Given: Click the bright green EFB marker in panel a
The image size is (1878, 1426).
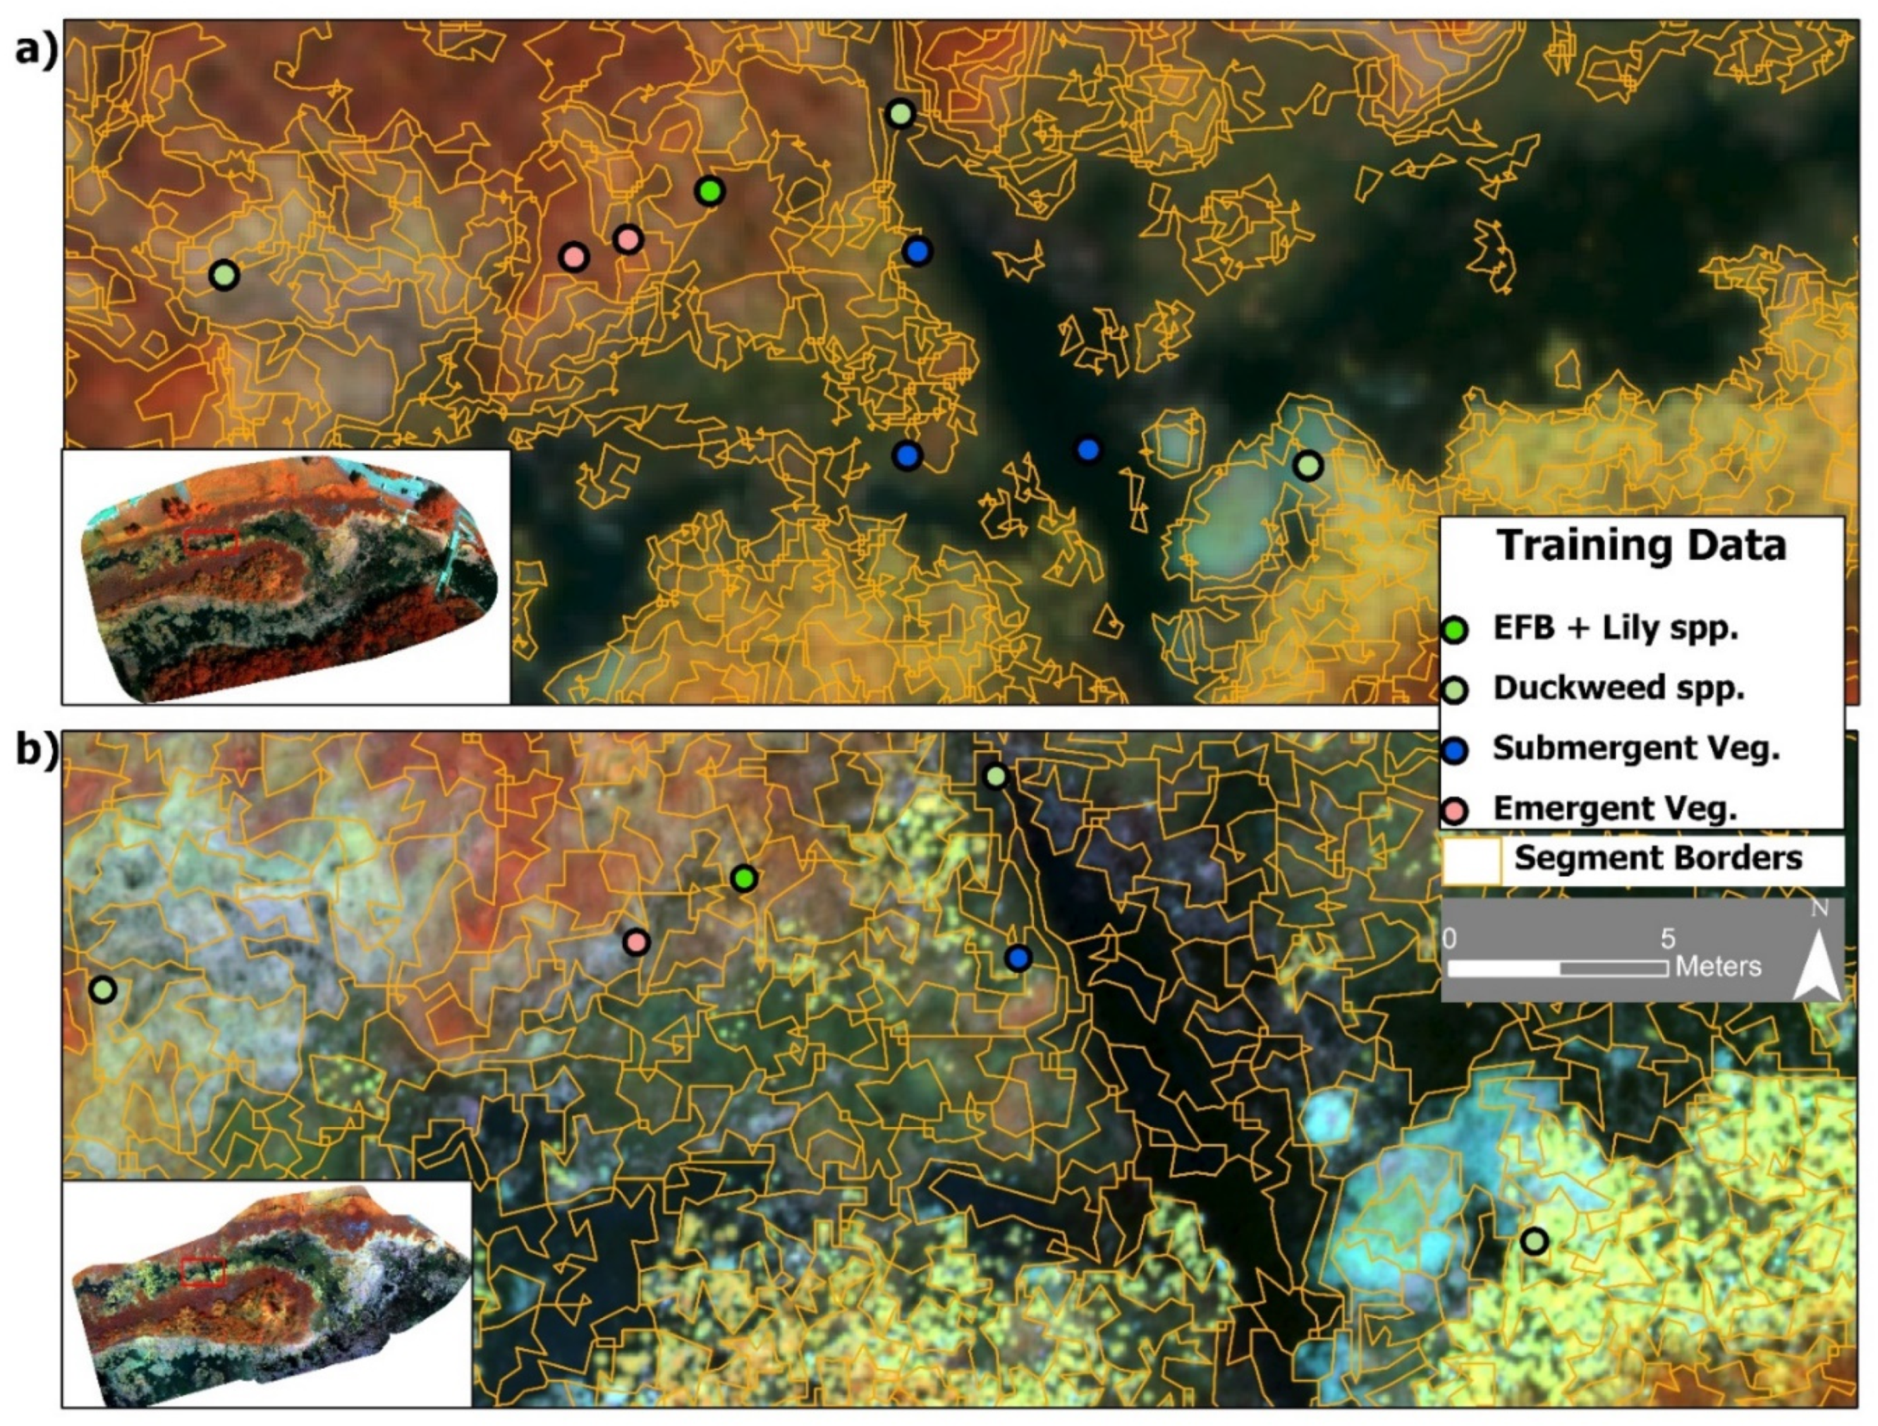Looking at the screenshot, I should click(709, 191).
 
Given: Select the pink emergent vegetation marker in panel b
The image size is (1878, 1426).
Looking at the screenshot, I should click(636, 941).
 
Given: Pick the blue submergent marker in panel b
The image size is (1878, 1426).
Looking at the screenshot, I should click(1019, 958).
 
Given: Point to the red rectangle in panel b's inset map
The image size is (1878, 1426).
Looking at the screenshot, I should click(203, 1271).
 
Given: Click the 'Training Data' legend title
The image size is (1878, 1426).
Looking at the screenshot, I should click(1641, 546).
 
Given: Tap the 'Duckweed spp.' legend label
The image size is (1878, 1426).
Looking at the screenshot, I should click(1618, 688).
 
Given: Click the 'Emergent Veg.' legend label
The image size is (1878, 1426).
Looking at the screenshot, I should click(1615, 809).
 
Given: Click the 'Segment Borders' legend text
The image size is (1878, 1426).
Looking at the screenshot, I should click(1658, 858).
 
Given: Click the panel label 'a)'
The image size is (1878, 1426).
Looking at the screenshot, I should click(37, 51).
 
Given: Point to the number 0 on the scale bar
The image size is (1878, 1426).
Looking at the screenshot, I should click(1449, 938).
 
